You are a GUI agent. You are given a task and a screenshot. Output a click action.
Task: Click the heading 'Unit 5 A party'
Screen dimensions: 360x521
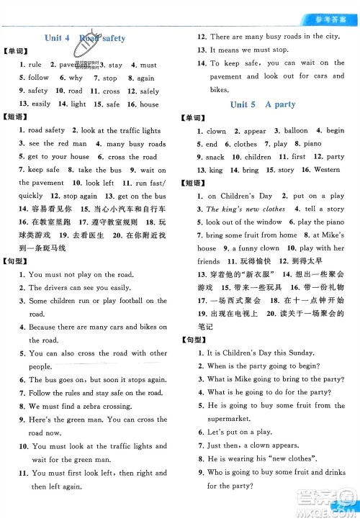[262, 104]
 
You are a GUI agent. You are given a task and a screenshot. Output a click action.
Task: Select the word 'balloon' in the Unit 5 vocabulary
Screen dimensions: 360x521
[296, 131]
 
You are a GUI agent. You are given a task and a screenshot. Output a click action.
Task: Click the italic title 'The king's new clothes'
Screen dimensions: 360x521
[246, 209]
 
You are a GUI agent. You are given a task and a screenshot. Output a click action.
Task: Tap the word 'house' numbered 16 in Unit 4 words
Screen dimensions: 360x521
[149, 104]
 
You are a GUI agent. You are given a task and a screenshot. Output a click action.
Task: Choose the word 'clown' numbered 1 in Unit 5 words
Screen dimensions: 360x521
[216, 131]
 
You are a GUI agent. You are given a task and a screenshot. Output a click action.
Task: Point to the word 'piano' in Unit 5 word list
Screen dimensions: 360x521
[312, 144]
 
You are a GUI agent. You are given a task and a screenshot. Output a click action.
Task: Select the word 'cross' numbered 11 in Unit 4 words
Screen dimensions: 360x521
[111, 91]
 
